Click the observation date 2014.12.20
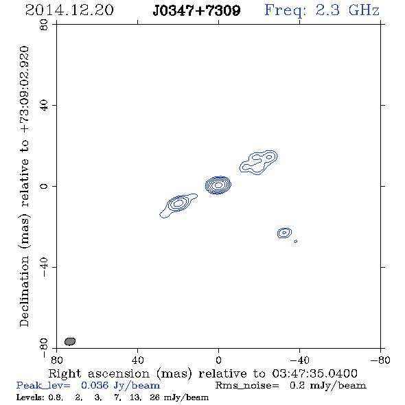(69, 10)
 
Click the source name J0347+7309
(196, 10)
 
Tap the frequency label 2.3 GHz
(347, 10)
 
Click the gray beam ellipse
(70, 341)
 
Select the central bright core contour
(218, 185)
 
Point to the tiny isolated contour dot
(296, 241)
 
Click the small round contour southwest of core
(284, 233)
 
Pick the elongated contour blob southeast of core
(178, 205)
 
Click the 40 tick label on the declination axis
(44, 106)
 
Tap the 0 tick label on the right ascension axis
(218, 360)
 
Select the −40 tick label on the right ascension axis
(299, 360)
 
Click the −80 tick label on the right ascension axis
(380, 360)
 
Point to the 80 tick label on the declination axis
(44, 25)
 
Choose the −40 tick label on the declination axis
(44, 267)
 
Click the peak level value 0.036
(95, 385)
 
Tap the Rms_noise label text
(247, 386)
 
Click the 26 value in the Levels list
(154, 397)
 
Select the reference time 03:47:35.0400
(314, 373)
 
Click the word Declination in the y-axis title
(24, 292)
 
